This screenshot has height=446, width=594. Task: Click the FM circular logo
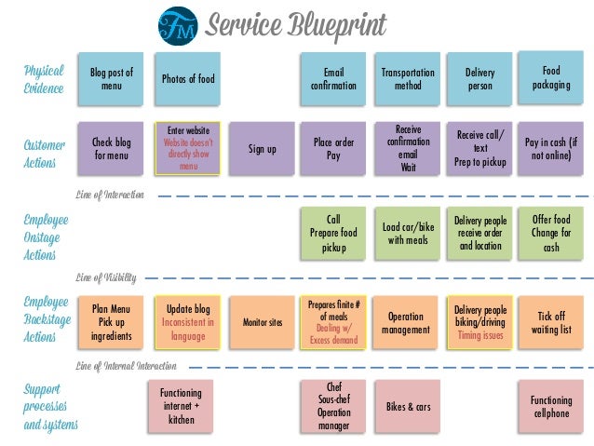point(176,25)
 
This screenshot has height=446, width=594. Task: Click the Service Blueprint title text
point(296,25)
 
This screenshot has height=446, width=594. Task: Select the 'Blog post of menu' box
point(112,78)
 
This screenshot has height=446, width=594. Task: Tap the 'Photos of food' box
point(187,78)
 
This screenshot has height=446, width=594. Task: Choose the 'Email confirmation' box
point(333,78)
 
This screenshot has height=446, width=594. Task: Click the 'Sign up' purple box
point(262,149)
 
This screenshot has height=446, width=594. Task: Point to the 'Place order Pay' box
point(333,149)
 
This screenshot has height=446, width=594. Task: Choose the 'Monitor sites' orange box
point(262,322)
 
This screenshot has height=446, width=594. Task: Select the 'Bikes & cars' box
point(408,407)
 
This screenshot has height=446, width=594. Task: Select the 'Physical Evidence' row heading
point(43,79)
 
